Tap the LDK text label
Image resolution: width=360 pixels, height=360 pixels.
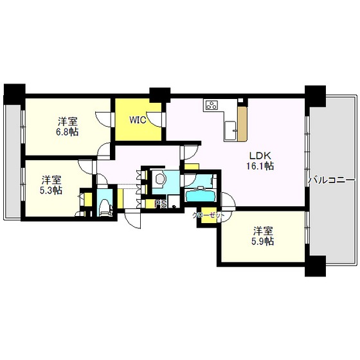click(x=260, y=155)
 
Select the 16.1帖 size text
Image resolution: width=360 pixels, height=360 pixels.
click(x=260, y=166)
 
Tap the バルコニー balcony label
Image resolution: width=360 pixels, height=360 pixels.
click(x=332, y=180)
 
